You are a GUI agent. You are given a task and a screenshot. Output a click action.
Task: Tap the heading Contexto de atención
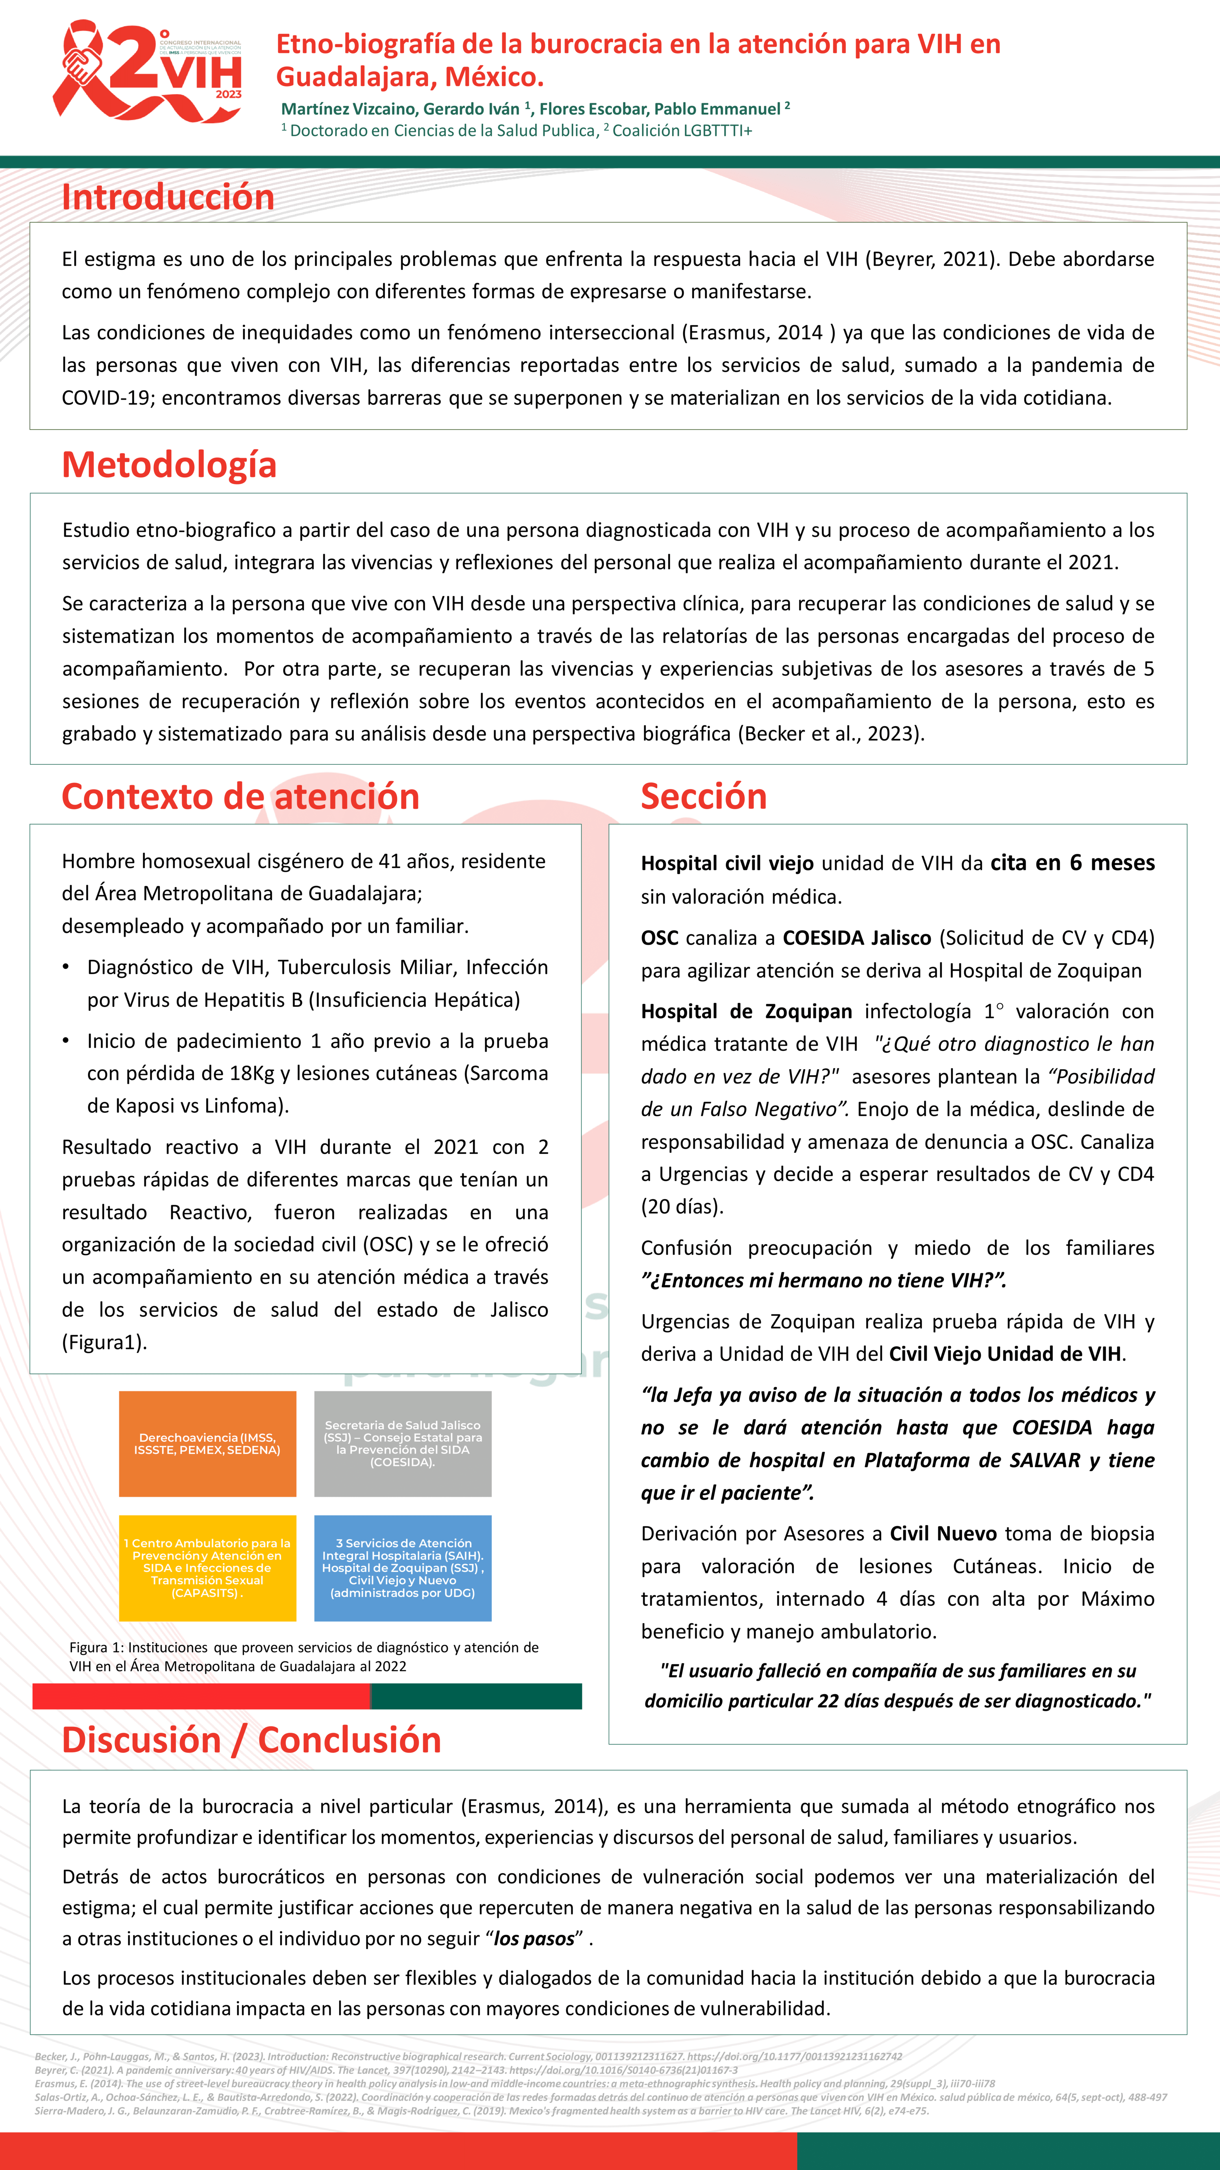point(240,796)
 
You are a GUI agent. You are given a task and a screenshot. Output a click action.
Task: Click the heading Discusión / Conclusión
point(251,1740)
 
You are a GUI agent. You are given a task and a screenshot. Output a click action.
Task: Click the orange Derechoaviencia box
point(207,1444)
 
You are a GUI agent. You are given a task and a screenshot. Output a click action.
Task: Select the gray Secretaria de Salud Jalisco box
point(403,1444)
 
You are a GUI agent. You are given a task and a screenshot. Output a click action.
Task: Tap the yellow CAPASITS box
point(207,1567)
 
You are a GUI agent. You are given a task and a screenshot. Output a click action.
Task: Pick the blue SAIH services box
point(403,1567)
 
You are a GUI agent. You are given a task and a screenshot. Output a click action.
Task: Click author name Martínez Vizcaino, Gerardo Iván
point(401,109)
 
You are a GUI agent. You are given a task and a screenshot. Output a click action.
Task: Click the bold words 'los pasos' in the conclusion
point(534,1939)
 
